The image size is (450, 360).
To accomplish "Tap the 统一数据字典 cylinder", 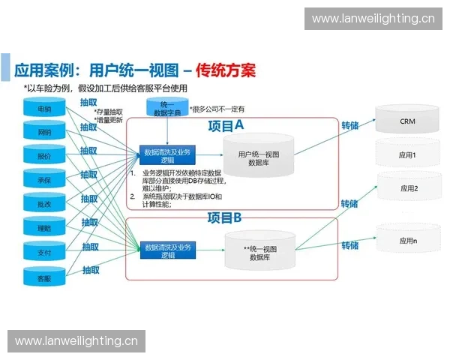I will point(166,108).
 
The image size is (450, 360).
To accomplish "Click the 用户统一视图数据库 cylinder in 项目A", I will point(259,158).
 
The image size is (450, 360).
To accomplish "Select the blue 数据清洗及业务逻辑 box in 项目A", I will point(167,156).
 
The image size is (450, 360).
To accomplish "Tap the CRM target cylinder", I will point(407,121).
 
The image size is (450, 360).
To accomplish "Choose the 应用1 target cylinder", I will point(407,155).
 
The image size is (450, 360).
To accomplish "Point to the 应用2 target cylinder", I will point(407,189).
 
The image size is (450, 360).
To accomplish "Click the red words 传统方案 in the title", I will point(225,71).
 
